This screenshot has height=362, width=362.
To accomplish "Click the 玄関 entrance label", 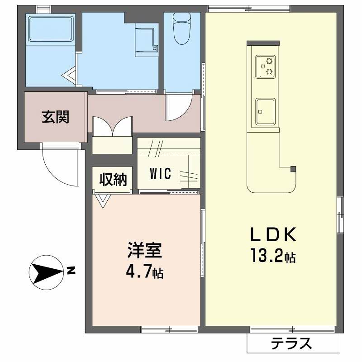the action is coord(55,117).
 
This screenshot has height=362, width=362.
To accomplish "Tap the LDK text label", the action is coord(273,234).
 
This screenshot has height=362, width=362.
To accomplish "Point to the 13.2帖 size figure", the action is coord(273,256).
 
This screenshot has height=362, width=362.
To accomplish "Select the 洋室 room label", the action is coord(145,250).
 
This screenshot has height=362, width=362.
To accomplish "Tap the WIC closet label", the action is coord(161,174).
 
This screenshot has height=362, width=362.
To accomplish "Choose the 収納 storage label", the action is coord(113,179).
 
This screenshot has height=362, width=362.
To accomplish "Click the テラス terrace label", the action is coord(291,343).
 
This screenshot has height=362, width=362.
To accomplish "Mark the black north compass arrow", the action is coord(48,272).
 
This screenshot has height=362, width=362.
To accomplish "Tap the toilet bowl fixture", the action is coord(182,29).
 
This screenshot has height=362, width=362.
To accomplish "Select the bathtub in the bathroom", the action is coord(51,28).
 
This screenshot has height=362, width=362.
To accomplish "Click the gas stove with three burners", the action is coord(266,67).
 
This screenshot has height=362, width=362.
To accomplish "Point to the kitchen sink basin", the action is coord(265,112).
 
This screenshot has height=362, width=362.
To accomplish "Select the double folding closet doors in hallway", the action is coord(112,127).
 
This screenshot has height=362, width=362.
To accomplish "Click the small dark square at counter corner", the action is coord(293,169).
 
